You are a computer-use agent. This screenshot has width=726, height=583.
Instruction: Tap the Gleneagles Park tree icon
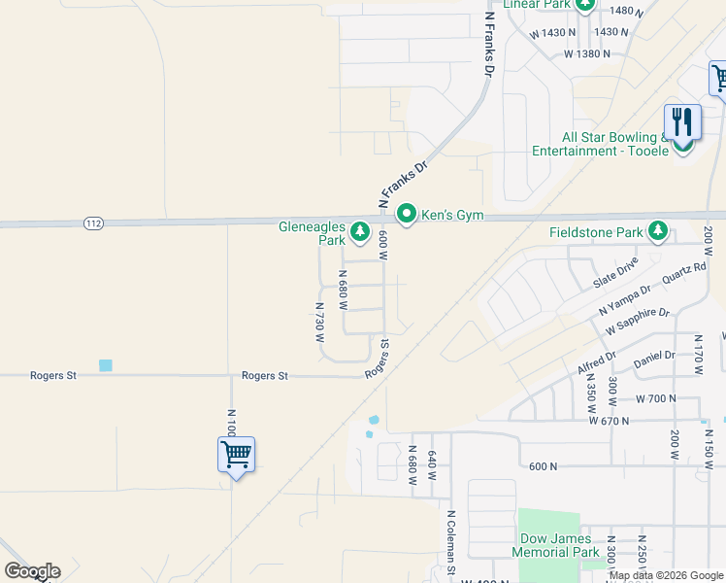click(360, 231)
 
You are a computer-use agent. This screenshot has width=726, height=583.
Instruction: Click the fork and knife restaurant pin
click(682, 123)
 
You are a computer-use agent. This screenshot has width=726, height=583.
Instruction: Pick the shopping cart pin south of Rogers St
click(236, 454)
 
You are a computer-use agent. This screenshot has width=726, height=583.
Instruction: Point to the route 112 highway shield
click(93, 223)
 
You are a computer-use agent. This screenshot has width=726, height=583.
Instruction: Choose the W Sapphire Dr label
click(638, 321)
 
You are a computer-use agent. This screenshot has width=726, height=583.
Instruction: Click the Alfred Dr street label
click(596, 362)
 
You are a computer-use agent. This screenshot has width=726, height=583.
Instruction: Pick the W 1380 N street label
click(587, 53)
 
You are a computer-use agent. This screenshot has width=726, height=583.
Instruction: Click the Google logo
click(32, 571)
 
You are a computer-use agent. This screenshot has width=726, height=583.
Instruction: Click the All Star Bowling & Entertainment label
click(601, 145)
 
